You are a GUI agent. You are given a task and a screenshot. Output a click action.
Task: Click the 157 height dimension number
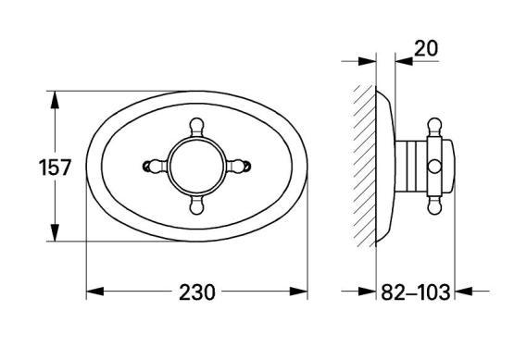coord(55,168)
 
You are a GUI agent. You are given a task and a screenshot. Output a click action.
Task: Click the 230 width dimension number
coord(197,292)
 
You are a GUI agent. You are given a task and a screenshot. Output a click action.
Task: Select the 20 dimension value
coord(426,48)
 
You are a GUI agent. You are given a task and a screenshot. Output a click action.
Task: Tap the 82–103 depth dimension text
coord(415,292)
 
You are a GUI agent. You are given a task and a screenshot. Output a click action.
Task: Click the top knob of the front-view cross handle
coord(196,126)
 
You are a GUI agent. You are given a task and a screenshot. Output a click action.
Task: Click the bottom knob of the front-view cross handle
coord(196,206)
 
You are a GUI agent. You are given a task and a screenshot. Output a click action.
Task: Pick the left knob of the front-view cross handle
coord(153,166)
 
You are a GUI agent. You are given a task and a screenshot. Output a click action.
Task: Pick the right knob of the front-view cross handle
coord(241,166)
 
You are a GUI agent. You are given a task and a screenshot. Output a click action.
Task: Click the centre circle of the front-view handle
coord(196,166)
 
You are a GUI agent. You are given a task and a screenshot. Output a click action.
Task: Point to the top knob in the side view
coord(434,127)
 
